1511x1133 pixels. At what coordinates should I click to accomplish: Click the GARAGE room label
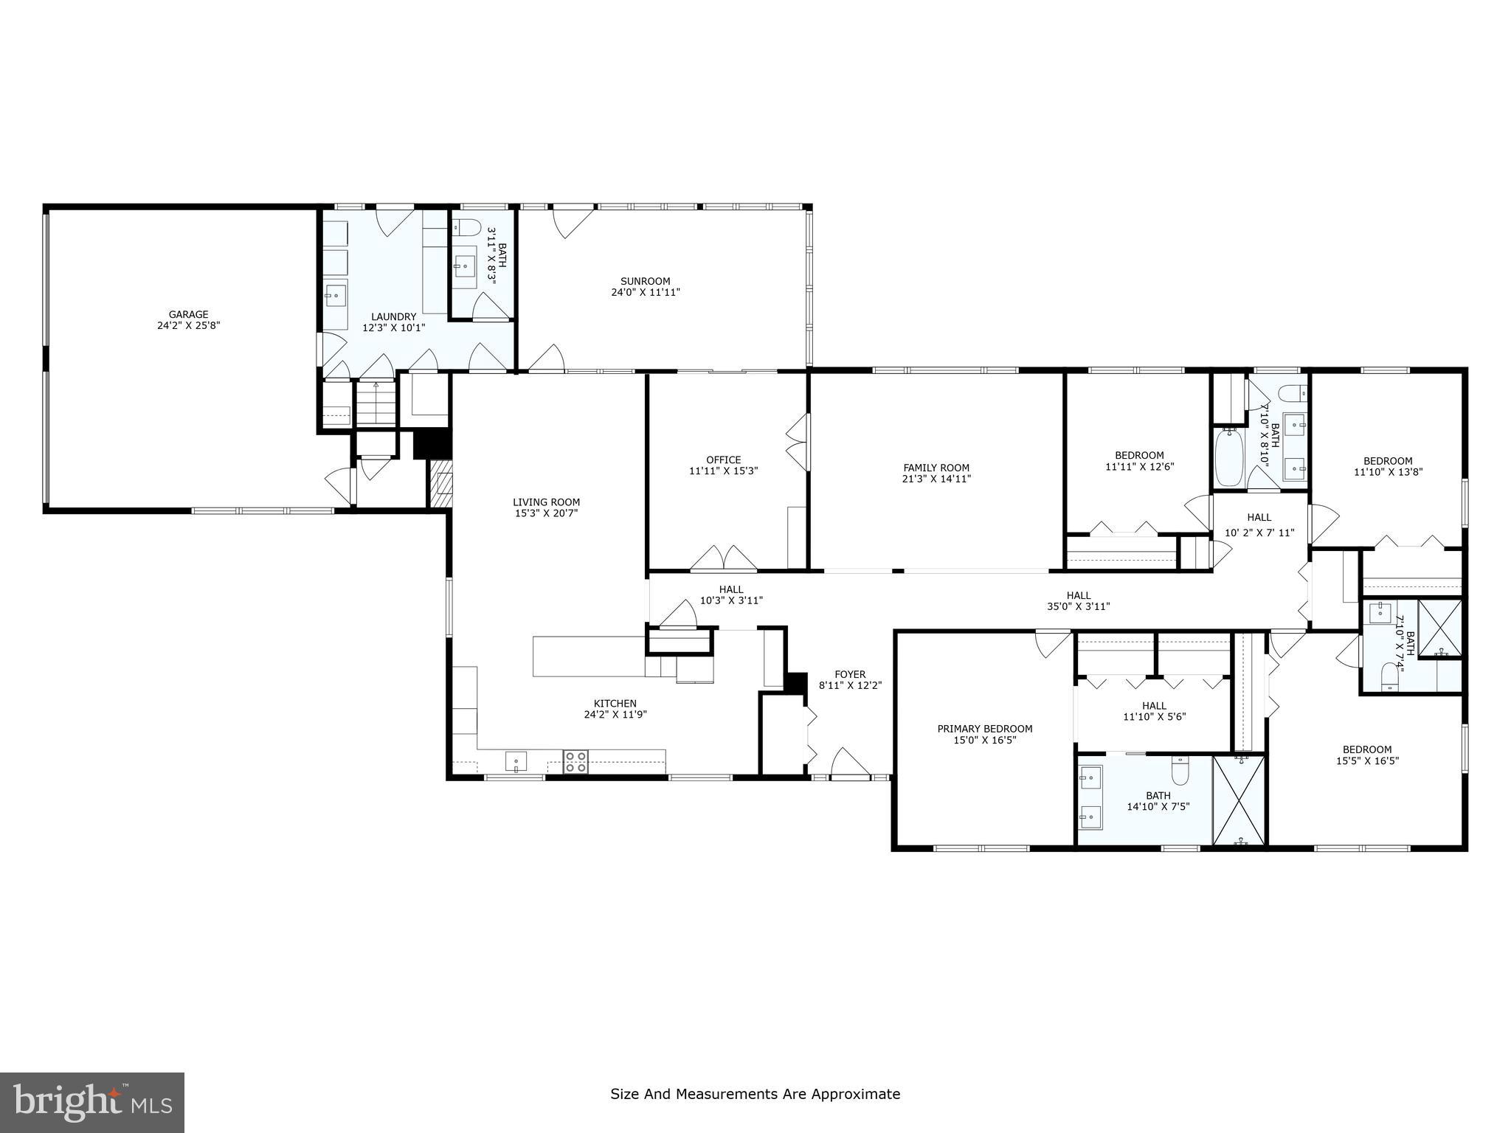point(189,314)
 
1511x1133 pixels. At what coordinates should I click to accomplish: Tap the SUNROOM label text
point(645,281)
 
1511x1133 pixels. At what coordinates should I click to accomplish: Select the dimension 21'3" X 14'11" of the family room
point(936,479)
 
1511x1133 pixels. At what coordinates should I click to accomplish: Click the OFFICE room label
point(723,460)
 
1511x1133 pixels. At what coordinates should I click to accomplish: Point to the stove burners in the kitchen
point(576,762)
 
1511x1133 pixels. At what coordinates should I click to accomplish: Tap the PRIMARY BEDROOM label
point(984,729)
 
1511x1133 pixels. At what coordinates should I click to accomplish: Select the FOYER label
point(850,674)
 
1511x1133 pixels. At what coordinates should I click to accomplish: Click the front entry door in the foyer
point(850,763)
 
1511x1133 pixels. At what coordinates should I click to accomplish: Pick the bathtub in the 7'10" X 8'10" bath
point(1229,458)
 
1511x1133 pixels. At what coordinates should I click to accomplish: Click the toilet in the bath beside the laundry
point(465,226)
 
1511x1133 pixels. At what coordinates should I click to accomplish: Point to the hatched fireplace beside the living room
point(440,483)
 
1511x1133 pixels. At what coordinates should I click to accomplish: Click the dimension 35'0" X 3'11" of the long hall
point(1078,607)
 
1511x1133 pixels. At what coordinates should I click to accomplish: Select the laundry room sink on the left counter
point(335,296)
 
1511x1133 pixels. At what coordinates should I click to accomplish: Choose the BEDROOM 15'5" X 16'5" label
point(1367,749)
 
